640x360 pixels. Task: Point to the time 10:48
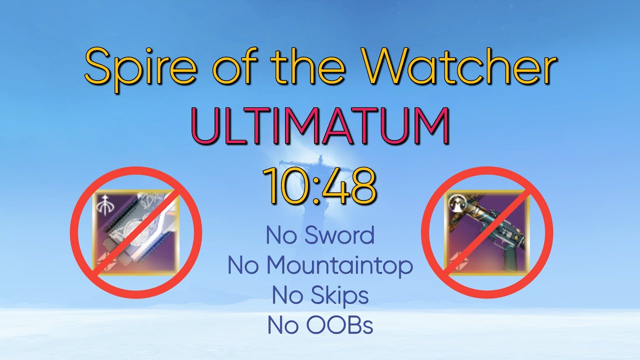[319, 186]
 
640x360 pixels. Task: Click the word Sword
[339, 235]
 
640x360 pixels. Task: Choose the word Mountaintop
[339, 265]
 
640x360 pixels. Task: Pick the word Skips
[339, 296]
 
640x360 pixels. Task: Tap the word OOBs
[339, 325]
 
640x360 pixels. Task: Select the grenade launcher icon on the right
[487, 232]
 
